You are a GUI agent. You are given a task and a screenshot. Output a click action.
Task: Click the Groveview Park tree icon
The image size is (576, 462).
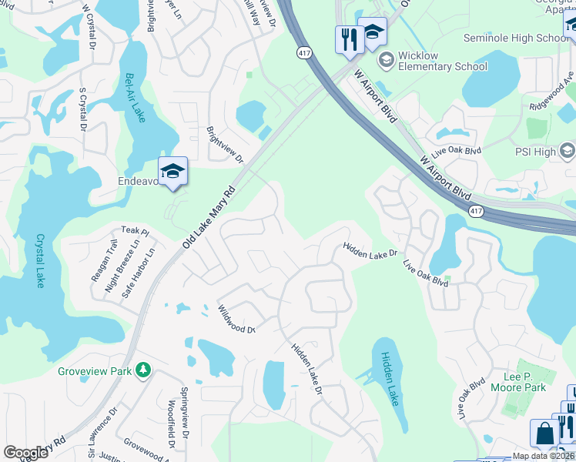click(x=142, y=371)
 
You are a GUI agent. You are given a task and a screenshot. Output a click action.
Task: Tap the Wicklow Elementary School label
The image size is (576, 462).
click(x=443, y=61)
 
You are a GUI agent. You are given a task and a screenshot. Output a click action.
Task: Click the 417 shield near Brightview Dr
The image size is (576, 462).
click(x=304, y=52)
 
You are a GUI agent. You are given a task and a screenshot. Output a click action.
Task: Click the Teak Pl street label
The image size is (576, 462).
click(x=134, y=231)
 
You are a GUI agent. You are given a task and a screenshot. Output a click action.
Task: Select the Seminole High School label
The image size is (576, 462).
click(x=516, y=38)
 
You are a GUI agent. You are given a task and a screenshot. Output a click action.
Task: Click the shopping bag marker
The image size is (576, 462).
click(x=544, y=434)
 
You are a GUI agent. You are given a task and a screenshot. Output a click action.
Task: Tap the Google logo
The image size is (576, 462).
click(x=25, y=453)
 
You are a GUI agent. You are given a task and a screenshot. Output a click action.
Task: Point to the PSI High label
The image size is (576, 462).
click(x=534, y=152)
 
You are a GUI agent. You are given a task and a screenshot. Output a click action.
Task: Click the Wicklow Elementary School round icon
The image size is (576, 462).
click(x=386, y=59)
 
